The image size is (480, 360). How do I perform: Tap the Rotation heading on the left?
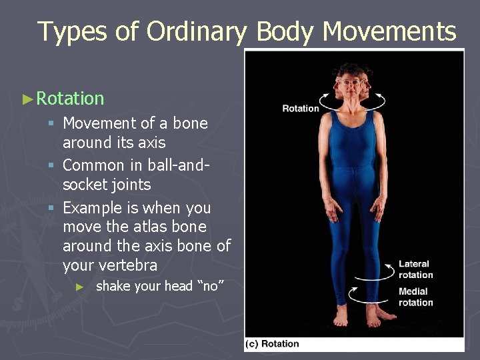point(70,99)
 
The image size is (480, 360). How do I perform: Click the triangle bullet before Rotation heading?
point(27,99)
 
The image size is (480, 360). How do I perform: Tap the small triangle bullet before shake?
point(79,287)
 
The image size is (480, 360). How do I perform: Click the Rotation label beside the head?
point(300,108)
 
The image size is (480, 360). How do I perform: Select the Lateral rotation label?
point(415,269)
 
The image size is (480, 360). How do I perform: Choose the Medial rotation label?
point(415,297)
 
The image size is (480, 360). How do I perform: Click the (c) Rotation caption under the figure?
point(273,344)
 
